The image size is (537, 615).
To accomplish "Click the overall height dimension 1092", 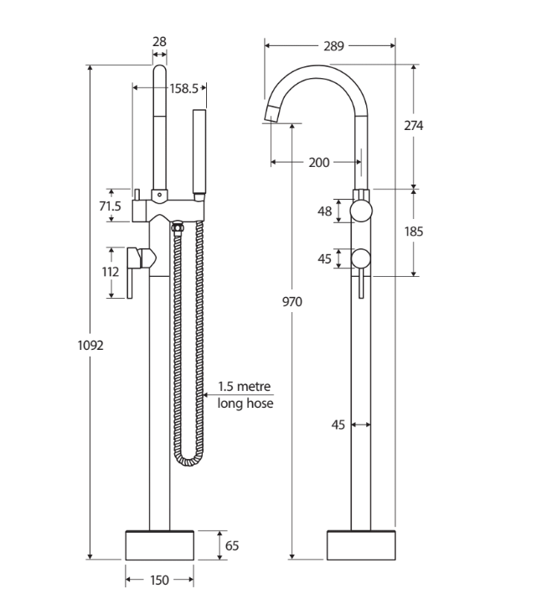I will tap(90, 344).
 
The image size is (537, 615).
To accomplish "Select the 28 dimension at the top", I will tap(159, 41).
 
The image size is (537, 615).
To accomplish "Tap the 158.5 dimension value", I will tap(183, 87).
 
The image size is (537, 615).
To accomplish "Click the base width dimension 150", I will tap(159, 580).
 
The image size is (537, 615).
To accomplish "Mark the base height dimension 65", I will tap(232, 545).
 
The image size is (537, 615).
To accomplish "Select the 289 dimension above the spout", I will tap(333, 46).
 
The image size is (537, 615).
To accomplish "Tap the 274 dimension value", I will tap(414, 126).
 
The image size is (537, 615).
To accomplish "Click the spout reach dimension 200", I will tap(318, 163).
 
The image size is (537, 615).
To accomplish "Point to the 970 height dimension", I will tap(292, 301).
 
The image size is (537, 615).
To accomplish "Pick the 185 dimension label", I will tap(413, 232).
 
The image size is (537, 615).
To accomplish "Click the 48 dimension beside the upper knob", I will tap(325, 211).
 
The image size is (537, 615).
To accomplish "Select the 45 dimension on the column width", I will tap(338, 425).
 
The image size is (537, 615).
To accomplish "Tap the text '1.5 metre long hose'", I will tap(245, 394).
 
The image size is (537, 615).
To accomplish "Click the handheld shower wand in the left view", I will tap(199, 151).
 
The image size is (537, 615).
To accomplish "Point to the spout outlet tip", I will tap(272, 114).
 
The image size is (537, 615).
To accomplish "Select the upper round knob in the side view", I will tap(361, 211).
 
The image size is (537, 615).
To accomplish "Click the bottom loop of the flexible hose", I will tap(188, 460).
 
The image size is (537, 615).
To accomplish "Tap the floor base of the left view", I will tap(159, 545).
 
